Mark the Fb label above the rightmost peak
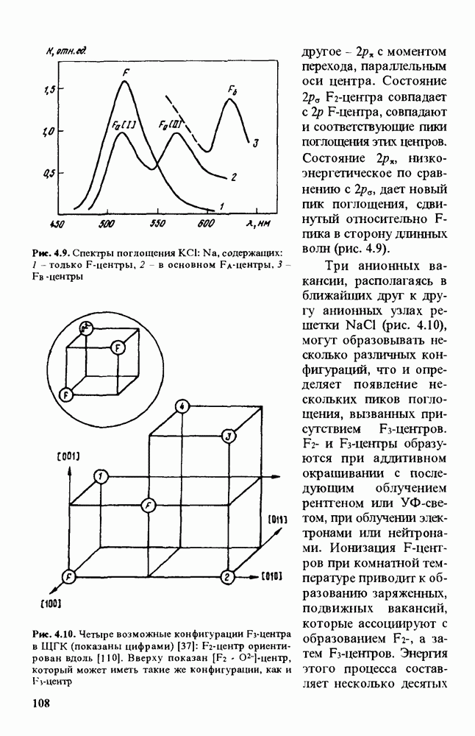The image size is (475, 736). point(232,91)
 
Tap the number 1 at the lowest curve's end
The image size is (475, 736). point(221,206)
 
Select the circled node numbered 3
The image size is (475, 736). point(229,436)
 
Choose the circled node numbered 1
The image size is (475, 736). point(101,475)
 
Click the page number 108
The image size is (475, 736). point(40,704)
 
